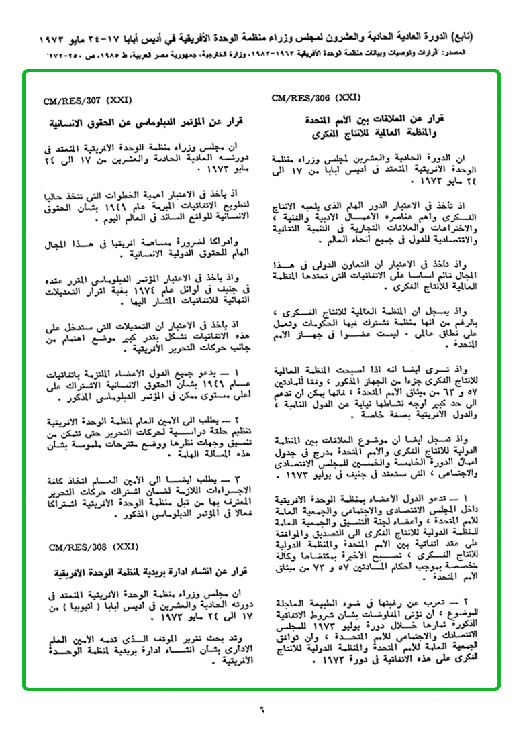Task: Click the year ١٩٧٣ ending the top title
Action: (55, 33)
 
